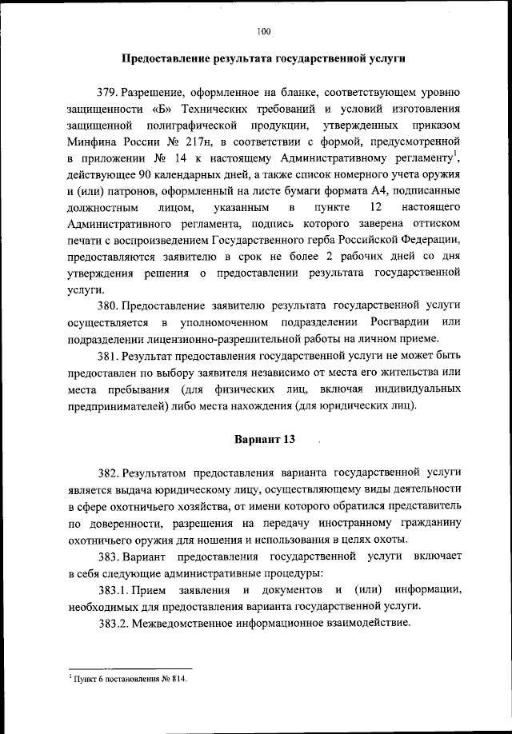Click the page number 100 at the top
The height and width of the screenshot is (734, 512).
click(x=264, y=32)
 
